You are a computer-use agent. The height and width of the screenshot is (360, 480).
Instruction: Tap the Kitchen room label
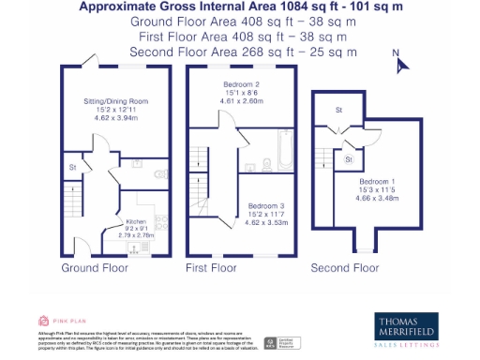[x=138, y=222]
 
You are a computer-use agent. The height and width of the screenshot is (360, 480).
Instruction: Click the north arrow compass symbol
[x=397, y=62]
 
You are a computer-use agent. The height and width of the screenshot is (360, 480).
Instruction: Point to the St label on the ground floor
[x=71, y=169]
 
